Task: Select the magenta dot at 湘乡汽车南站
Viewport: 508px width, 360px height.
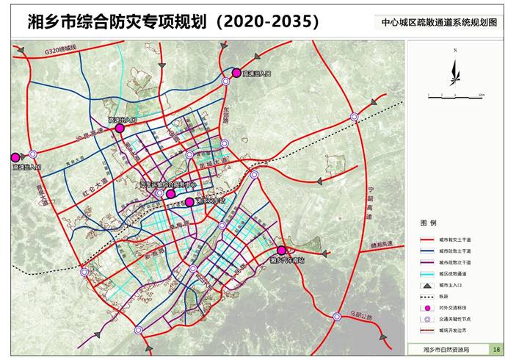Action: click(280, 251)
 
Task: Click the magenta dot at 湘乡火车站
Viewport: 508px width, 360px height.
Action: click(189, 202)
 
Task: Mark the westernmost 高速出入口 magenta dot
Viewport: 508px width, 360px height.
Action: click(15, 156)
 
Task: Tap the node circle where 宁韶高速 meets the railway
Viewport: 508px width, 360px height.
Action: click(354, 116)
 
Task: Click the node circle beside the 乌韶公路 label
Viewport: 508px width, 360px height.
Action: click(336, 317)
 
